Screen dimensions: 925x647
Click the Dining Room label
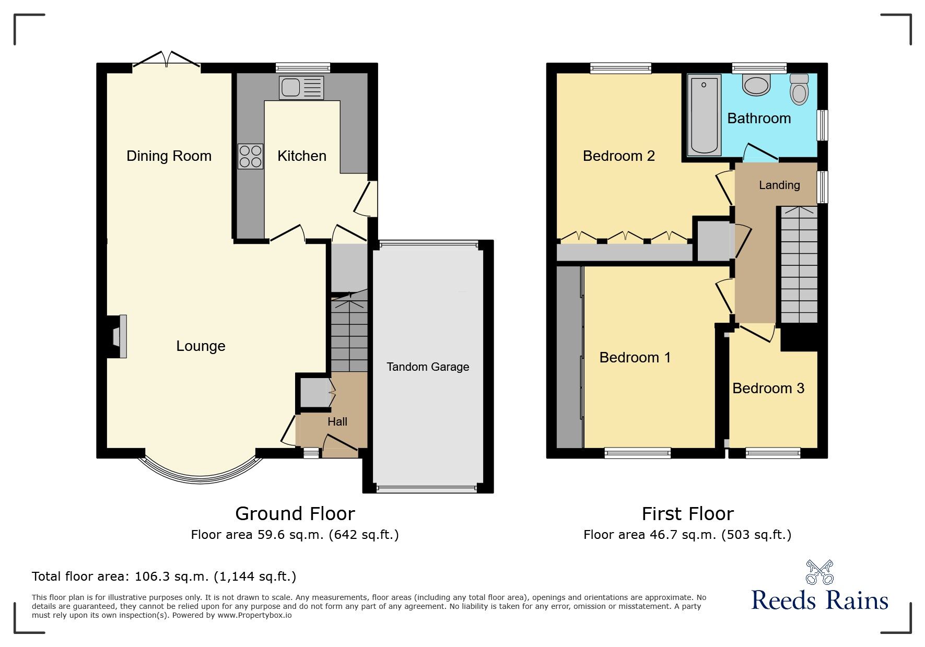(169, 156)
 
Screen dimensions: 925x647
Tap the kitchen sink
(301, 88)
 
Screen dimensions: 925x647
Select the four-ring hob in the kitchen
(251, 156)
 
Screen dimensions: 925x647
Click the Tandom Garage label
(428, 367)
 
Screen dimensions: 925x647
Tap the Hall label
(337, 421)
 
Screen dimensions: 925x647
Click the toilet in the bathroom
(799, 89)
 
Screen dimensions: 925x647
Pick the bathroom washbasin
(756, 85)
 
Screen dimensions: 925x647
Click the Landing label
(779, 185)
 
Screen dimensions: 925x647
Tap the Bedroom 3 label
(768, 388)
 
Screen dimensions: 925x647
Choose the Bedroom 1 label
(635, 357)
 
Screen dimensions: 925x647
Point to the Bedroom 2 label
(618, 156)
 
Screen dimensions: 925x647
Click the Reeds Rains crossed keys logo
(819, 572)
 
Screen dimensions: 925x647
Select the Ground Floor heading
(295, 514)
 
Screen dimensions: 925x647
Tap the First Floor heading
(687, 514)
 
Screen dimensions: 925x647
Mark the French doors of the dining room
(167, 60)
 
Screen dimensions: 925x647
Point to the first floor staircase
(799, 265)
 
